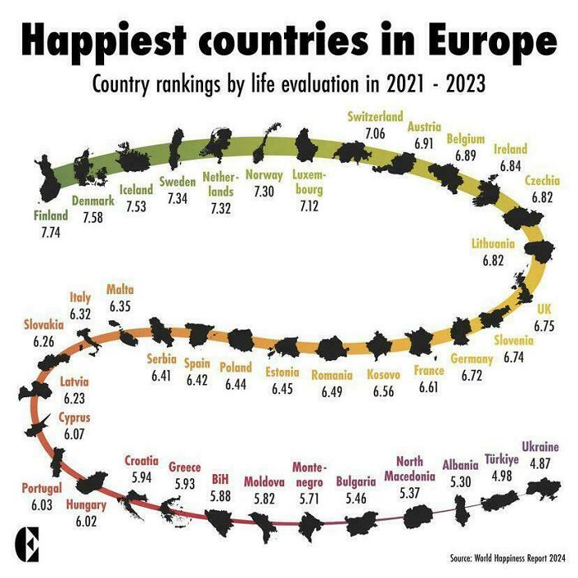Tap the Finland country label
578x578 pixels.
pyautogui.click(x=50, y=217)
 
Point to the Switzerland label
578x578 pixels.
pyautogui.click(x=375, y=117)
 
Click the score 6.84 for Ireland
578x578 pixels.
pyautogui.click(x=509, y=165)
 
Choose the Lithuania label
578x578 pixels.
pyautogui.click(x=493, y=244)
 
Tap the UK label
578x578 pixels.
pyautogui.click(x=543, y=310)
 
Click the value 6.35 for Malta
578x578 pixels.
pyautogui.click(x=120, y=306)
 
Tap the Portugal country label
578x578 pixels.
pyautogui.click(x=41, y=488)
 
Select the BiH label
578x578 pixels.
pyautogui.click(x=220, y=478)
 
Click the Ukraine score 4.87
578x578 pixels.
pyautogui.click(x=541, y=463)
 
